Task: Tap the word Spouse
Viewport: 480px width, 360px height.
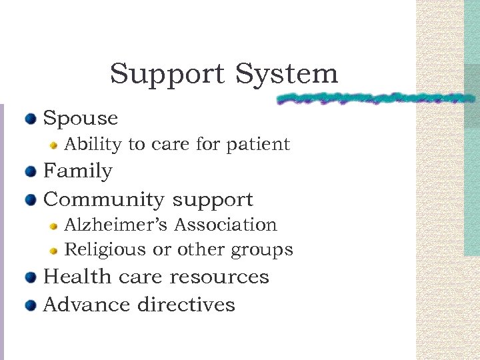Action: tap(80, 119)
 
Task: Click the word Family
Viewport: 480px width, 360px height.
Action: tap(77, 171)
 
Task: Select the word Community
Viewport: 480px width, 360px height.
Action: tap(103, 199)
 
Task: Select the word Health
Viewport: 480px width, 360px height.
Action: tap(72, 277)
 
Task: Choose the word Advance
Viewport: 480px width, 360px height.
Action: tap(87, 305)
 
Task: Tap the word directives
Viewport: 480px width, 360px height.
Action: tap(186, 305)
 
